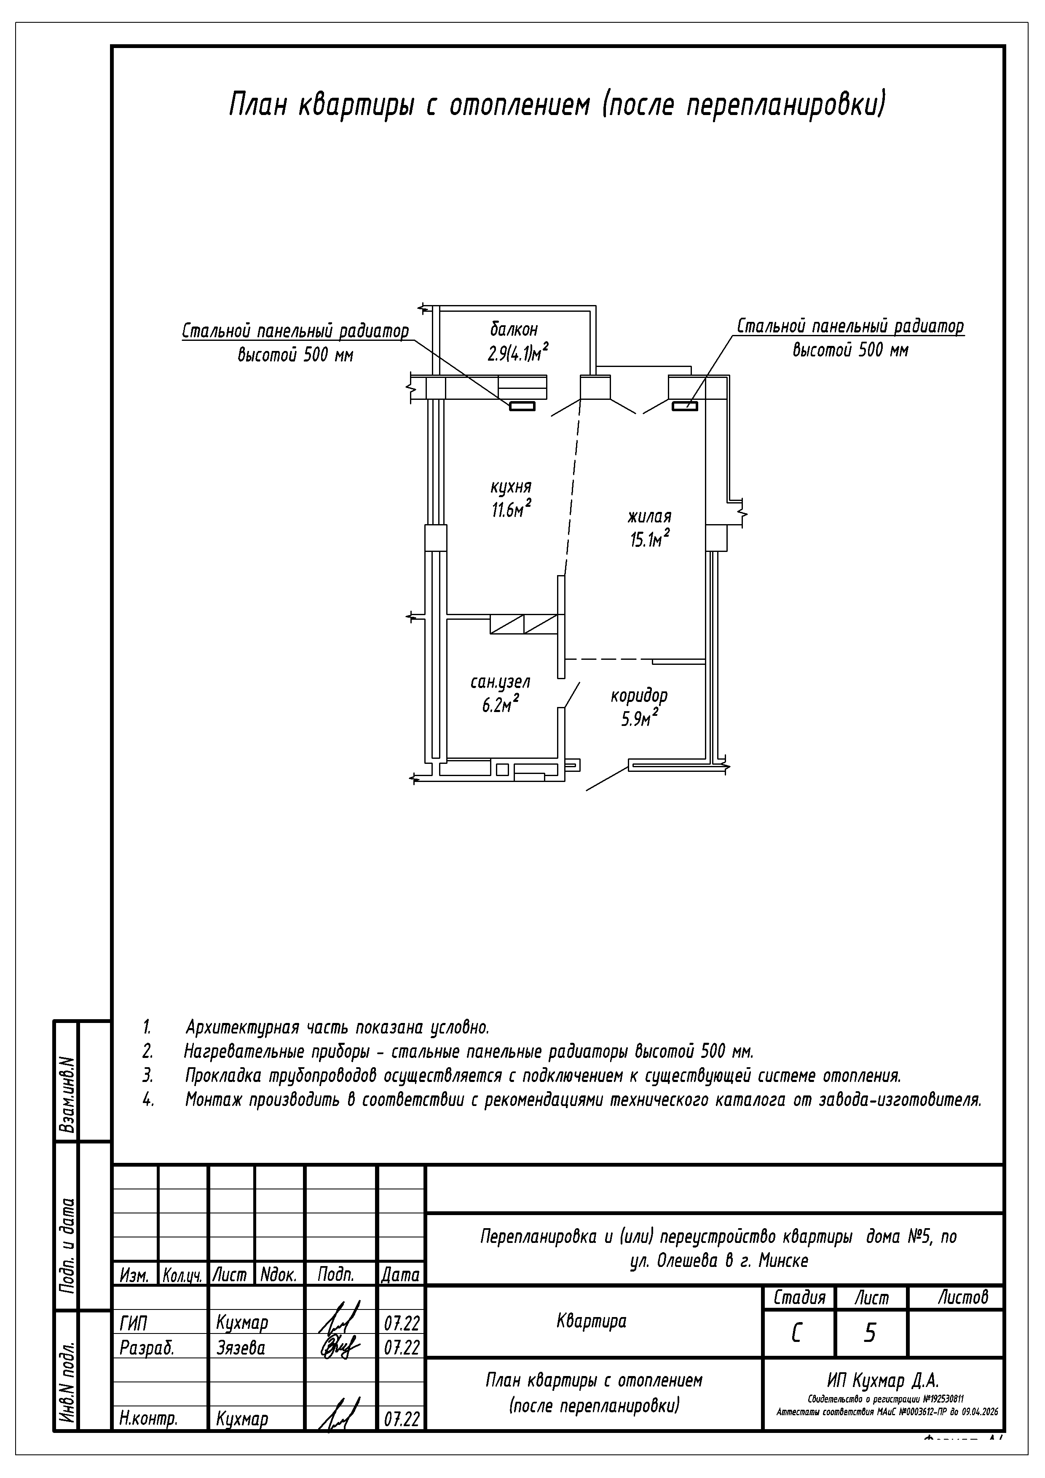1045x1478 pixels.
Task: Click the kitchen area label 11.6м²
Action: pyautogui.click(x=511, y=510)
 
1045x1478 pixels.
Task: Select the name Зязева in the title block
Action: pyautogui.click(x=241, y=1348)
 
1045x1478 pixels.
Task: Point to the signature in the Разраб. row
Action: pyautogui.click(x=336, y=1347)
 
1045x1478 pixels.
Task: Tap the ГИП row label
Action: pyautogui.click(x=133, y=1323)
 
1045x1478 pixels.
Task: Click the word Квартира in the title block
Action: pyautogui.click(x=591, y=1322)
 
